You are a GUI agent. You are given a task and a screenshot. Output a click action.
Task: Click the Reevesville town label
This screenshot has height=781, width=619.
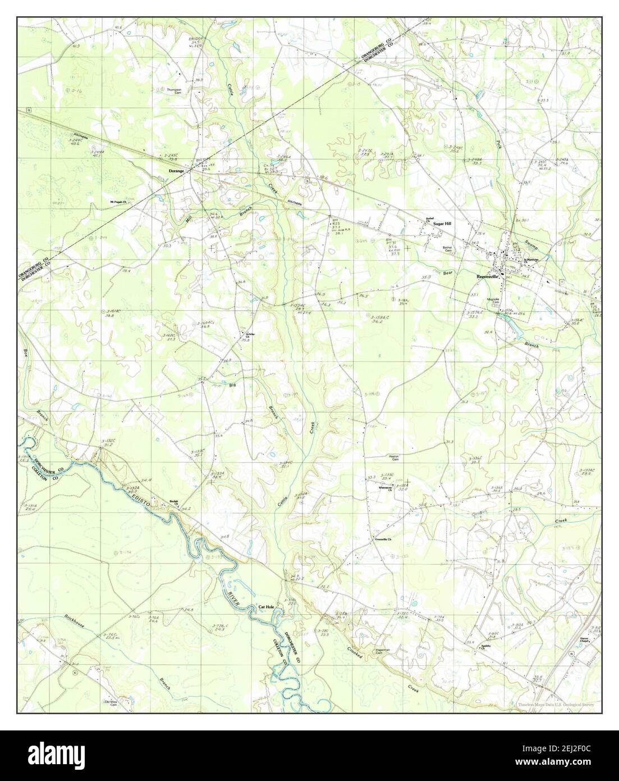[484, 276]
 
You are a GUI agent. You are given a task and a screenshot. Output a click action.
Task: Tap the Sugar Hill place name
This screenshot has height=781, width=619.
[442, 223]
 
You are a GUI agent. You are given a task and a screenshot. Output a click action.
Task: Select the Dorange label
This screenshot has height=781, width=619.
[176, 170]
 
